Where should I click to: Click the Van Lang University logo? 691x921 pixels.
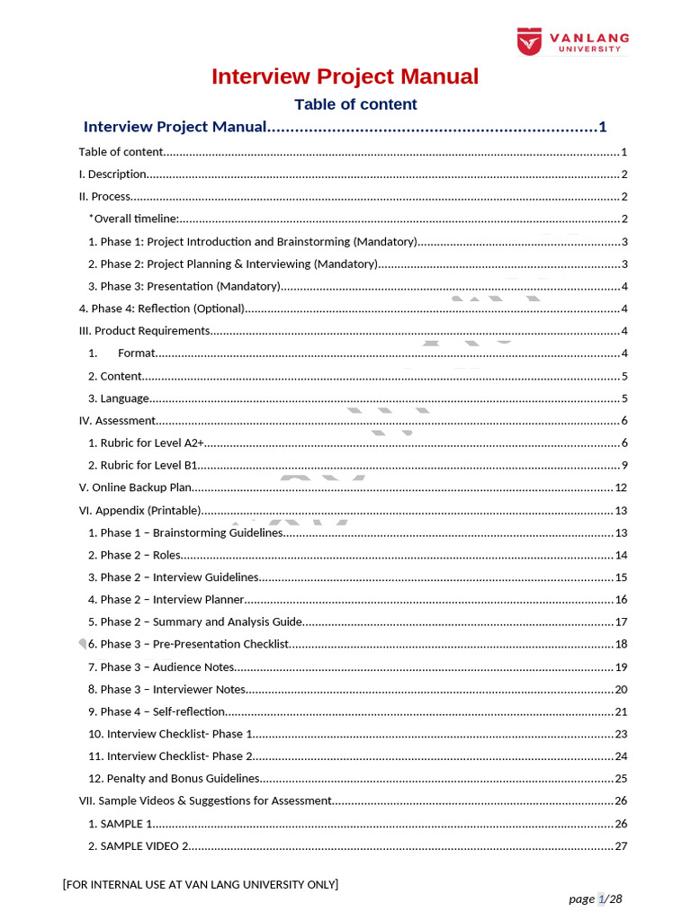point(572,41)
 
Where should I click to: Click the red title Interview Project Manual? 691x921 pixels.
point(345,76)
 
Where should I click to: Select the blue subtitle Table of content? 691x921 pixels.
point(355,104)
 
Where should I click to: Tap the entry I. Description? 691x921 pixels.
point(112,174)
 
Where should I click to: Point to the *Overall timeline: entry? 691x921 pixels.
point(134,219)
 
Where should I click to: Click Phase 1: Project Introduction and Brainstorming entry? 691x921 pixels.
point(252,242)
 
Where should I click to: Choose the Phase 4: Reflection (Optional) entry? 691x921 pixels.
point(162,308)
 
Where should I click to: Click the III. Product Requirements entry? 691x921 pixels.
point(145,331)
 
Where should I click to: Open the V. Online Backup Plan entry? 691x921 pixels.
point(136,487)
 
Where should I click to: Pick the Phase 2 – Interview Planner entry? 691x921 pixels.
point(166,600)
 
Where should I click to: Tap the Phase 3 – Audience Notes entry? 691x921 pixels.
point(161,667)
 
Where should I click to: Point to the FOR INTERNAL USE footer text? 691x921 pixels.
point(201,885)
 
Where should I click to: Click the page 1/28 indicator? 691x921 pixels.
point(596,899)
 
